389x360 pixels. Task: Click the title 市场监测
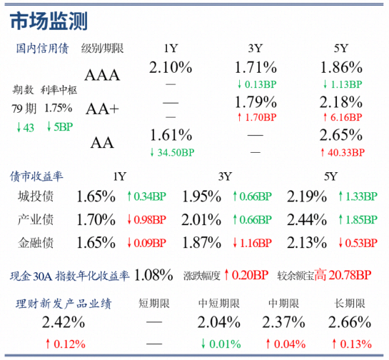pyautogui.click(x=49, y=21)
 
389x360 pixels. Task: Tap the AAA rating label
pyautogui.click(x=102, y=75)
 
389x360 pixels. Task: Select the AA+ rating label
pyautogui.click(x=102, y=109)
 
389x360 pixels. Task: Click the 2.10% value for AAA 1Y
pyautogui.click(x=171, y=67)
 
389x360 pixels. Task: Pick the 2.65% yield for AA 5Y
pyautogui.click(x=341, y=135)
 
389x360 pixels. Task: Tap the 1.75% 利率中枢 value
pyautogui.click(x=59, y=108)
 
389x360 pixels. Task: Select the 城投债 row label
pyautogui.click(x=36, y=196)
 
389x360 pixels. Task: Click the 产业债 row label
pyautogui.click(x=36, y=219)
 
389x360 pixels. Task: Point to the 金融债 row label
pyautogui.click(x=36, y=243)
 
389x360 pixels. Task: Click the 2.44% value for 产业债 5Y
pyautogui.click(x=307, y=220)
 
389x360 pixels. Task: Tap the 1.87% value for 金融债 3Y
pyautogui.click(x=201, y=243)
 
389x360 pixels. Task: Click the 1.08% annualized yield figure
pyautogui.click(x=153, y=275)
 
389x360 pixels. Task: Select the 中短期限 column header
pyautogui.click(x=219, y=304)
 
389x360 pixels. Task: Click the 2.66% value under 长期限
pyautogui.click(x=350, y=322)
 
